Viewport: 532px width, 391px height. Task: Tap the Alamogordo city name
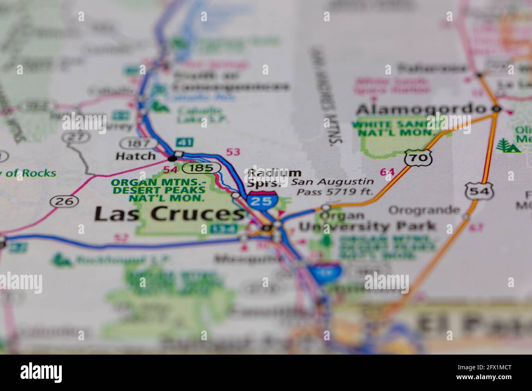pyautogui.click(x=421, y=110)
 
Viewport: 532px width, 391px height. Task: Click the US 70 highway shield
pyautogui.click(x=419, y=157)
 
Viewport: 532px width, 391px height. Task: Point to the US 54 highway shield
pyautogui.click(x=479, y=191)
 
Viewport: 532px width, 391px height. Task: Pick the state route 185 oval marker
pyautogui.click(x=202, y=167)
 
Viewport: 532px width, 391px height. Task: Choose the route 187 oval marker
pyautogui.click(x=138, y=143)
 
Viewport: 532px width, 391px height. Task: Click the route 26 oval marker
pyautogui.click(x=64, y=201)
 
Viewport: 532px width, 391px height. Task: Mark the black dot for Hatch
pyautogui.click(x=173, y=158)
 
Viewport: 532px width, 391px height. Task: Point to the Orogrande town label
pyautogui.click(x=424, y=211)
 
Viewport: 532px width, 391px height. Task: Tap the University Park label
pyautogui.click(x=367, y=226)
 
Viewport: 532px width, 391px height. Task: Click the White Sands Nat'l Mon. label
pyautogui.click(x=396, y=128)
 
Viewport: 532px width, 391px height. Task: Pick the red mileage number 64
pyautogui.click(x=387, y=172)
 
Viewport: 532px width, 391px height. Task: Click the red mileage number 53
pyautogui.click(x=233, y=152)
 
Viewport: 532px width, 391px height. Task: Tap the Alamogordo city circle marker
pyautogui.click(x=497, y=109)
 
